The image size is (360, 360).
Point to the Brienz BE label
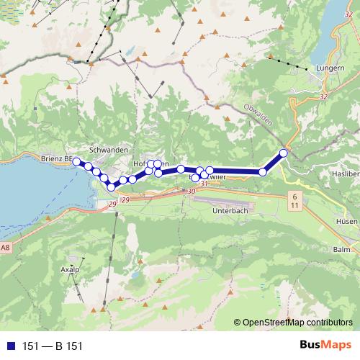pyautogui.click(x=56, y=158)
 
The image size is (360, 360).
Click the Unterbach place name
pyautogui.click(x=230, y=211)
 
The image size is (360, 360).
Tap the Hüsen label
pyautogui.click(x=347, y=222)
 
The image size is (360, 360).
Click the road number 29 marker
pyautogui.click(x=113, y=206)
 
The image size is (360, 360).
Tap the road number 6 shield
pyautogui.click(x=294, y=196)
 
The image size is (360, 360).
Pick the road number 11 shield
pyautogui.click(x=294, y=206)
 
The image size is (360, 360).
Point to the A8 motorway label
pyautogui.click(x=6, y=248)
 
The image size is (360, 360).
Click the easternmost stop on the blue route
pyautogui.click(x=284, y=153)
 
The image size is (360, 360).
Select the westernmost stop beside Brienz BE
pyautogui.click(x=77, y=161)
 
